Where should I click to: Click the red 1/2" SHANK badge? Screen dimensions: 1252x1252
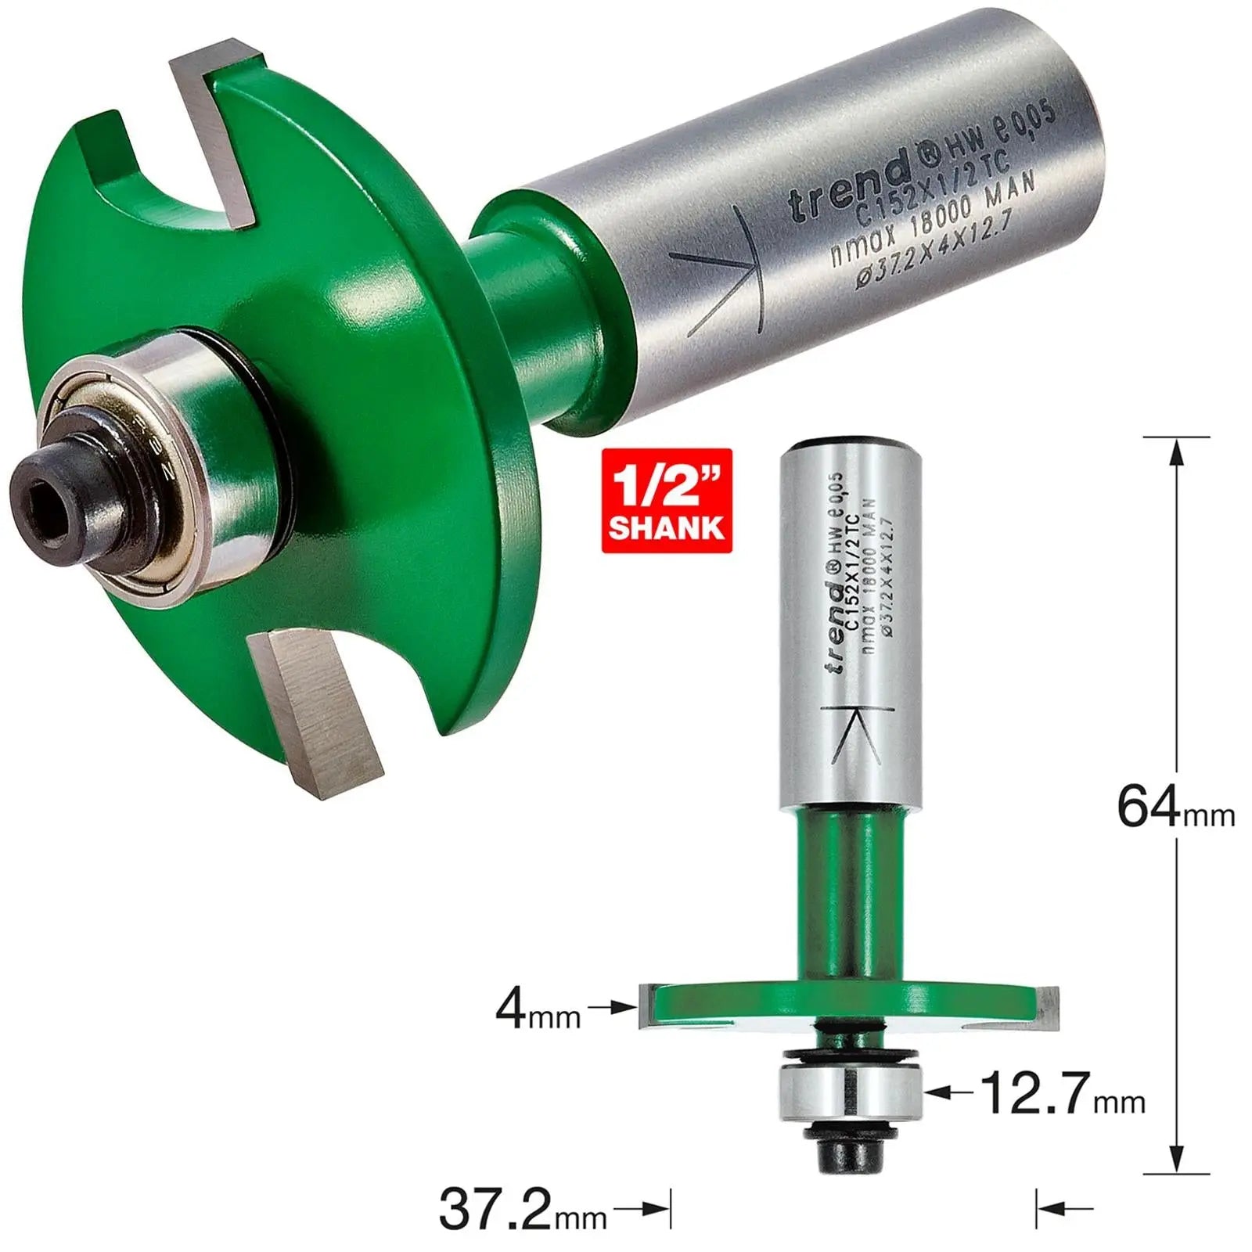click(667, 501)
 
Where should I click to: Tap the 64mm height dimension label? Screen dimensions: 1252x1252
click(1174, 808)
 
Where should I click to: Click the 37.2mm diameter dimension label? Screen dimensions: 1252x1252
click(523, 1210)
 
